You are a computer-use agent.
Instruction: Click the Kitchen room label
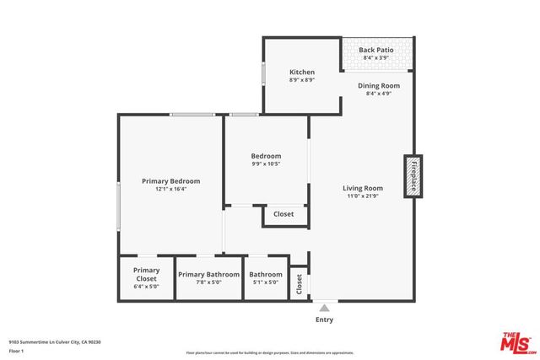tap(302, 72)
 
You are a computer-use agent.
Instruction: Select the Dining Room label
tap(379, 85)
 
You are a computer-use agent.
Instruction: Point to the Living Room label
tap(362, 188)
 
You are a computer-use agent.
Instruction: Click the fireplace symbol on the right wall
tap(413, 176)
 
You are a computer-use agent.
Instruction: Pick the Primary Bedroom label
tap(170, 181)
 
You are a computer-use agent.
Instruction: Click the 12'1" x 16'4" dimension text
tap(170, 190)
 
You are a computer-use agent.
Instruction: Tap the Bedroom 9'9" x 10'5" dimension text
tap(266, 164)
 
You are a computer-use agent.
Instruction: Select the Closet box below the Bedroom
tap(283, 215)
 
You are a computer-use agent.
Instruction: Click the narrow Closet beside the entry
tap(299, 284)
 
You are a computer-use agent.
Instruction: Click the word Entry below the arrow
tap(324, 320)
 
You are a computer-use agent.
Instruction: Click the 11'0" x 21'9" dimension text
tap(362, 196)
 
